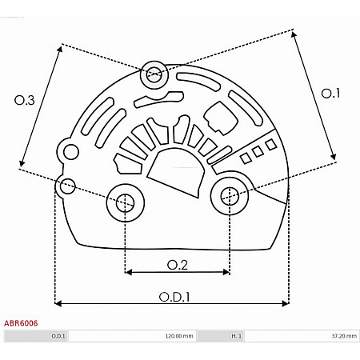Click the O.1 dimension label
pyautogui.click(x=330, y=94)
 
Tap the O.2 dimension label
pyautogui.click(x=177, y=264)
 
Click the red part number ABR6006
pyautogui.click(x=21, y=325)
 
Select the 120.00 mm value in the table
pyautogui.click(x=177, y=337)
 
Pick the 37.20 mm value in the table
pyautogui.click(x=341, y=337)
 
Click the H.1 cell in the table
pyautogui.click(x=237, y=337)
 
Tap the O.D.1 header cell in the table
pyautogui.click(x=58, y=337)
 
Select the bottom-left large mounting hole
pyautogui.click(x=125, y=203)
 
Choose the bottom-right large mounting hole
pyautogui.click(x=230, y=194)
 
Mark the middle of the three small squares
pyautogui.click(x=258, y=150)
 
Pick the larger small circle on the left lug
pyautogui.click(x=71, y=152)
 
